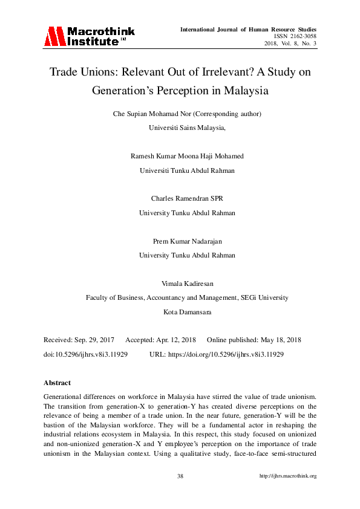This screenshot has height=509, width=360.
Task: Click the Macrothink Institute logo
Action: (88, 36)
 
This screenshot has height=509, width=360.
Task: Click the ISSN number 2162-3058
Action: (302, 36)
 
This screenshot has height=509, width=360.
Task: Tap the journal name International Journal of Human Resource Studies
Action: (249, 29)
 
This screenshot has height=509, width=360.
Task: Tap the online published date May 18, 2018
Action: (279, 340)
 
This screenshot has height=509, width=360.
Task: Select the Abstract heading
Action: (57, 383)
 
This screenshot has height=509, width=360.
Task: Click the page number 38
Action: (180, 476)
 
